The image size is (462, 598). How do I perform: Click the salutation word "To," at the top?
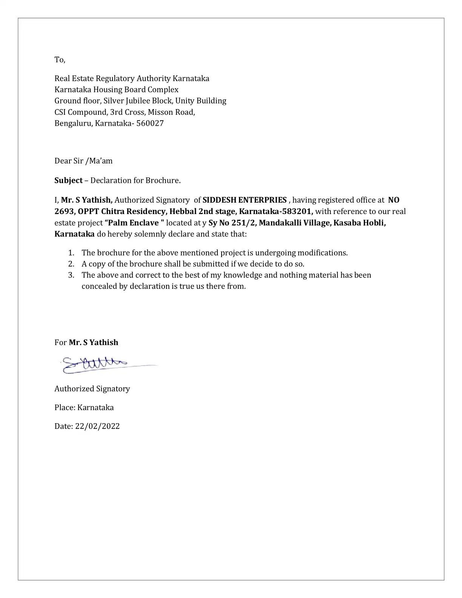tap(60, 60)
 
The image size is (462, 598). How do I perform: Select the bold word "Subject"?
tap(68, 180)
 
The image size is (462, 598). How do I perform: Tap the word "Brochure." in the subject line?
tap(163, 180)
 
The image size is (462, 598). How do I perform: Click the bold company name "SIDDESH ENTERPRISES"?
tap(245, 200)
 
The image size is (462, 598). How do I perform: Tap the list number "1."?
tap(72, 253)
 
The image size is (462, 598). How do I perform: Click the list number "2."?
tap(72, 264)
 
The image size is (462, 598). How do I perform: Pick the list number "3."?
tap(72, 275)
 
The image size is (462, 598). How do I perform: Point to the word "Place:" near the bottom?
tap(65, 408)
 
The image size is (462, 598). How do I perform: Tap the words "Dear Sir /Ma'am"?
tap(83, 161)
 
